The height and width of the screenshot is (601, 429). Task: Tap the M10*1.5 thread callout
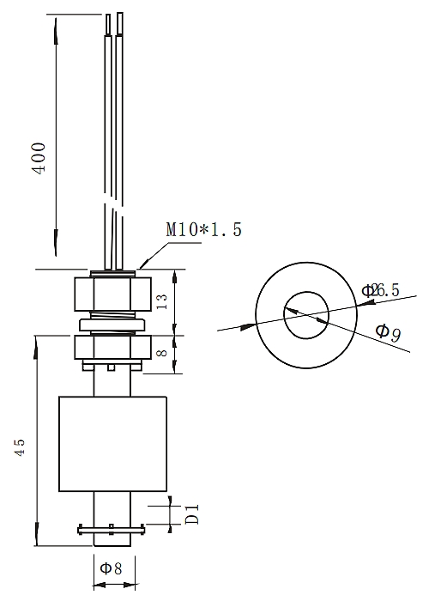[x=203, y=229]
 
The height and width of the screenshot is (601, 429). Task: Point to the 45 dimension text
[x=21, y=446]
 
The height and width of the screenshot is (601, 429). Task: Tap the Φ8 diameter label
[x=112, y=568]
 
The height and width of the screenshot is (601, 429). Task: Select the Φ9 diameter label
[x=389, y=330]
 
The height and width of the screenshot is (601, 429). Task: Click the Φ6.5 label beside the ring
[x=381, y=290]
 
